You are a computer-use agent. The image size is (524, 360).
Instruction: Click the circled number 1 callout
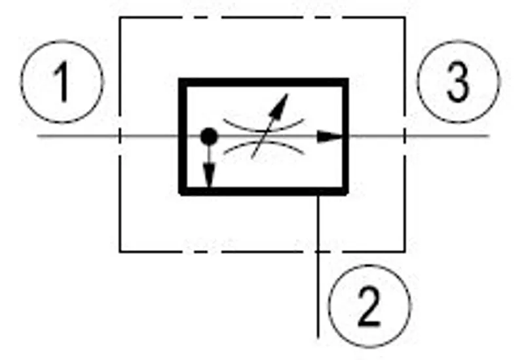(x=62, y=82)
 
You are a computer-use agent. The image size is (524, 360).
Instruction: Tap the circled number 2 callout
(x=369, y=306)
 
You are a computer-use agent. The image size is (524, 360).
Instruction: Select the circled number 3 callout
(x=458, y=82)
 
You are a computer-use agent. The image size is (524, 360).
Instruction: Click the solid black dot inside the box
(x=209, y=136)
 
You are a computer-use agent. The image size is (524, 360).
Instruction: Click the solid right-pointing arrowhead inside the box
(x=330, y=136)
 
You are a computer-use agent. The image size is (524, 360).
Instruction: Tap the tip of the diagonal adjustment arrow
(x=288, y=94)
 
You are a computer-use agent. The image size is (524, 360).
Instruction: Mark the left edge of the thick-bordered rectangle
(x=183, y=136)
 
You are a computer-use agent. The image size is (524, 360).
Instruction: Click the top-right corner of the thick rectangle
(x=346, y=80)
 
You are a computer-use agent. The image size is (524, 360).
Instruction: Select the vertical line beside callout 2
(x=318, y=266)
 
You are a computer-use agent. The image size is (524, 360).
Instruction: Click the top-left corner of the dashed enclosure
(x=120, y=18)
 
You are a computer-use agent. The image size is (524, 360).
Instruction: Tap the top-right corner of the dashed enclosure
(x=405, y=18)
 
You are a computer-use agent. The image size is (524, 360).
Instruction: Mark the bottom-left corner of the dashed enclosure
(x=120, y=251)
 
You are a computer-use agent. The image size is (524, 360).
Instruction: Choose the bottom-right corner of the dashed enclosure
(x=405, y=251)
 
